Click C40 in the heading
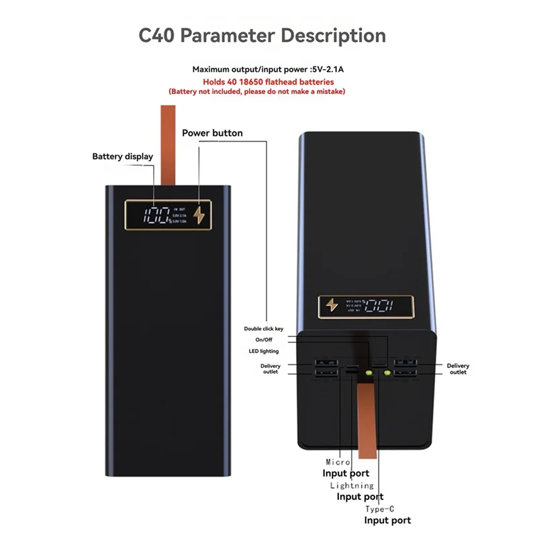tap(160, 35)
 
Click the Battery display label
tap(122, 156)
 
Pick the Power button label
tap(212, 133)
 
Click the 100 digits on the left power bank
tap(158, 215)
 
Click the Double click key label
tap(264, 328)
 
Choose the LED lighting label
tap(263, 351)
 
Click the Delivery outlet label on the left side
tap(271, 369)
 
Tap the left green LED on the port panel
tap(368, 371)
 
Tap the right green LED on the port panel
tap(387, 371)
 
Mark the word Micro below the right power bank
tap(338, 462)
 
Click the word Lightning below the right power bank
tap(352, 485)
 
